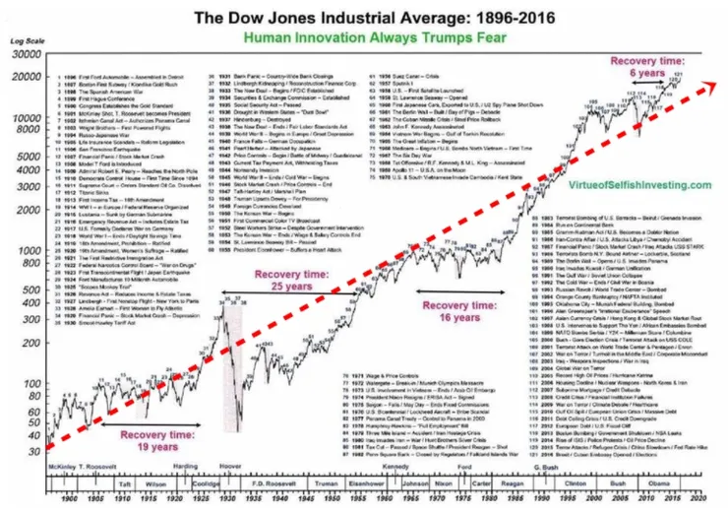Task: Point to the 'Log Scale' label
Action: (21, 43)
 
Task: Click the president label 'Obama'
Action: (656, 484)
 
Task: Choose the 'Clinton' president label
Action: (569, 484)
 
